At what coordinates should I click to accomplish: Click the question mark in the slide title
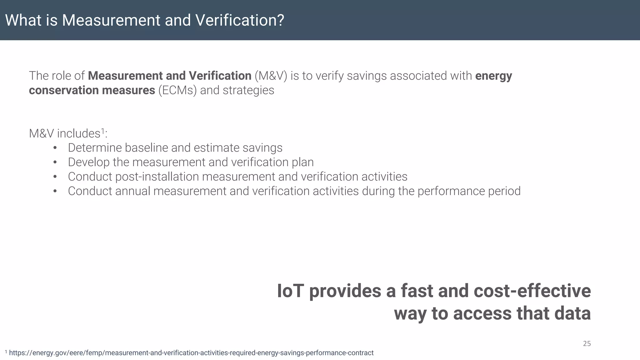(x=280, y=20)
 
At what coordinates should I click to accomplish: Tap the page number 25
(x=587, y=343)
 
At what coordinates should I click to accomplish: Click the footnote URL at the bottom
(x=191, y=353)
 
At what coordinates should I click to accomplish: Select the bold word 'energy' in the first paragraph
(x=493, y=76)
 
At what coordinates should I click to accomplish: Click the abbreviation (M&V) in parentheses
(x=271, y=76)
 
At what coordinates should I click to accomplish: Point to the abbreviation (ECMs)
(x=177, y=90)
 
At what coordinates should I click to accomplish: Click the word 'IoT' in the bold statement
(x=290, y=291)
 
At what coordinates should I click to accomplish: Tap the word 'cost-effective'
(x=532, y=291)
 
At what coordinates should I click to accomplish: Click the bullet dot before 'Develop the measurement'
(x=55, y=162)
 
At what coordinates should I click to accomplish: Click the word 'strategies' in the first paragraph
(x=248, y=90)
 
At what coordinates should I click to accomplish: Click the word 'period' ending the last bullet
(x=504, y=191)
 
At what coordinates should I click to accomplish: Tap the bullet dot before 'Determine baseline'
(x=55, y=148)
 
